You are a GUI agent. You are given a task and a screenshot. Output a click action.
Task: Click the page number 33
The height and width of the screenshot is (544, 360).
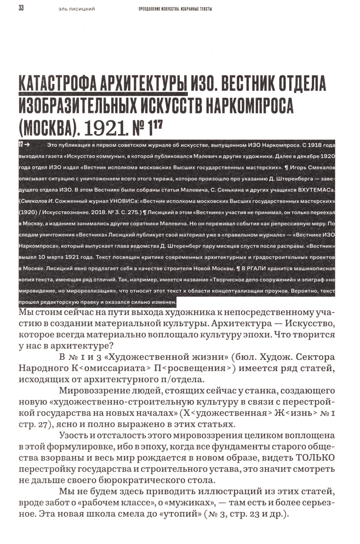pyautogui.click(x=21, y=8)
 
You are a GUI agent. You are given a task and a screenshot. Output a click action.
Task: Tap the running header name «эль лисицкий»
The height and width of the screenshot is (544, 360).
pyautogui.click(x=76, y=9)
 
